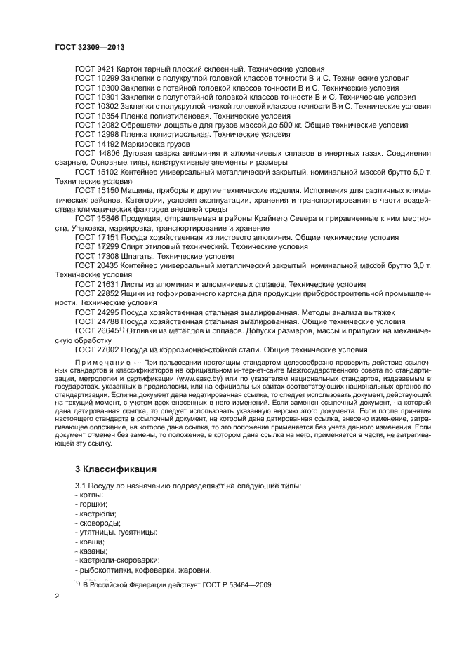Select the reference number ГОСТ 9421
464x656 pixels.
coord(94,69)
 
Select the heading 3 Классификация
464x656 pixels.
coord(116,468)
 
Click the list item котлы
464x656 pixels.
coord(88,495)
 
